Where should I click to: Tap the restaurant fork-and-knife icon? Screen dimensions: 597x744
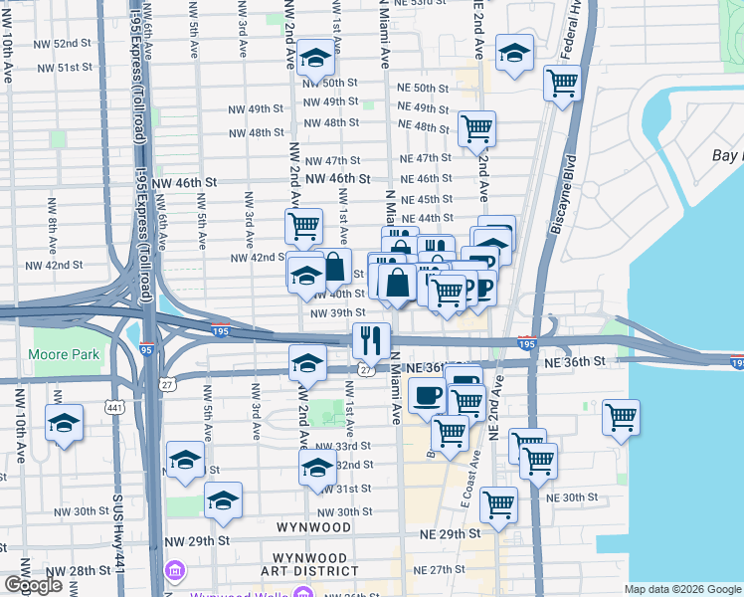tap(371, 340)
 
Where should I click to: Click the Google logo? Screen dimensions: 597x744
tap(33, 585)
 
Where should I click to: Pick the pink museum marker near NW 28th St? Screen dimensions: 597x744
tap(176, 570)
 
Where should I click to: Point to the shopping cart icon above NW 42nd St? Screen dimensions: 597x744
tap(303, 225)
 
